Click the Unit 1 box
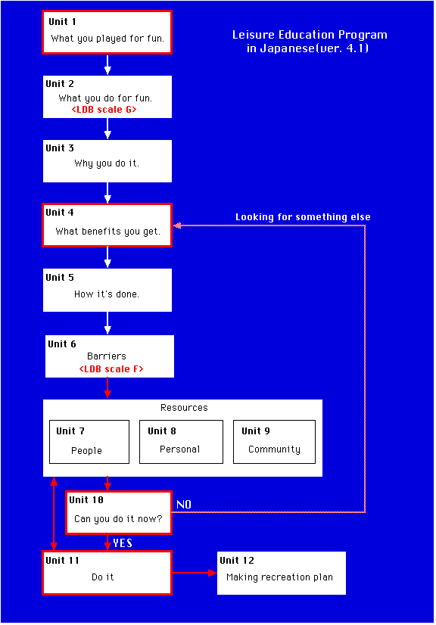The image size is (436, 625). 107,33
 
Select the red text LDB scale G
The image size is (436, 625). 104,110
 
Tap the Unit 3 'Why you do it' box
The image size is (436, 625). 107,161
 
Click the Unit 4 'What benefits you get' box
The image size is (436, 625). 107,225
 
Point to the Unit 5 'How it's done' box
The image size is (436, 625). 107,291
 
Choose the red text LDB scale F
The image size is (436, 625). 111,369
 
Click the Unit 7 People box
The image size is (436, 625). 89,442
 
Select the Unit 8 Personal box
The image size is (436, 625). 181,442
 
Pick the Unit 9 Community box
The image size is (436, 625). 275,442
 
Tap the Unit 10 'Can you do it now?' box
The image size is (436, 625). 119,512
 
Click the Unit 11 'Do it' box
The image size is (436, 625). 107,573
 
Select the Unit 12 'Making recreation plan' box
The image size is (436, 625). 282,574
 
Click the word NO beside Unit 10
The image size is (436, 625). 184,505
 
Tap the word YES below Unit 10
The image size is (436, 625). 123,543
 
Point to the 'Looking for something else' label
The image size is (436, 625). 303,217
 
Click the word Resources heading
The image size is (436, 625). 184,408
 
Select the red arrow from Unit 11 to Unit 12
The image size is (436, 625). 195,573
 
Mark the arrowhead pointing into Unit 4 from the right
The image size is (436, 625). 178,225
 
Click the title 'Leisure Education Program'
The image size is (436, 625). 310,35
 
